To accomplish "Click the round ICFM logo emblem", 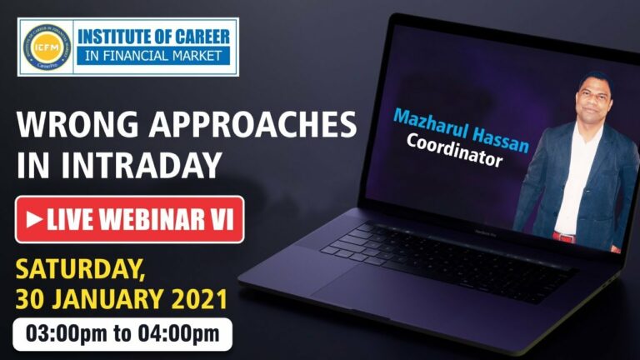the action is pyautogui.click(x=47, y=47).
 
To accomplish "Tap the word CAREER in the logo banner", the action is pyautogui.click(x=202, y=37).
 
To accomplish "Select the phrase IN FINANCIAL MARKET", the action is pyautogui.click(x=153, y=56).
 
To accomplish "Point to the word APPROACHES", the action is pyautogui.click(x=252, y=124).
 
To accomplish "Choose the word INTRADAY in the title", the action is pyautogui.click(x=142, y=165).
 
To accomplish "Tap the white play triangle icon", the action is pyautogui.click(x=34, y=219).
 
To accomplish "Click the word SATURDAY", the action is pyautogui.click(x=80, y=269).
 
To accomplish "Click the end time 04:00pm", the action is pyautogui.click(x=179, y=334).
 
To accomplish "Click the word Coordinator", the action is pyautogui.click(x=454, y=150).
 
